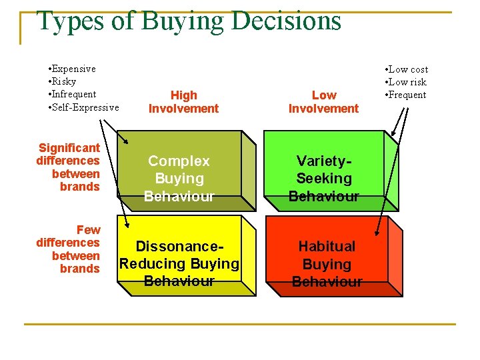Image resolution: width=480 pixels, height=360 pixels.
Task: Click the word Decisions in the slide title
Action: coord(287,20)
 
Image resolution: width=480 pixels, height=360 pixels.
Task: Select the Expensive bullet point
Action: coord(75,69)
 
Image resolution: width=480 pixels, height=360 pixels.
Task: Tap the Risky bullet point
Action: coord(65,81)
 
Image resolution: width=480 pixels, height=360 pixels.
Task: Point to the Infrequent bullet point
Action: coord(75,94)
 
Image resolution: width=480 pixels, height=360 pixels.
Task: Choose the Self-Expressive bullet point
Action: coord(86,107)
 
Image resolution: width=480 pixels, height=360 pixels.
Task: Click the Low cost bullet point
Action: coord(408,69)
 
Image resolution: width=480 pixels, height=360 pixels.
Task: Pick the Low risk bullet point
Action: coord(407,82)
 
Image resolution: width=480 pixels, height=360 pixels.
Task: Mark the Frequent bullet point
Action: coord(407,95)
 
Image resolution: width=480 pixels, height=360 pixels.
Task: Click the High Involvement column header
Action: coord(183,102)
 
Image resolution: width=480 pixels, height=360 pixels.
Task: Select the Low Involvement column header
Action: coord(323,102)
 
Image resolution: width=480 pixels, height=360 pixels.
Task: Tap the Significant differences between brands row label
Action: coord(68,167)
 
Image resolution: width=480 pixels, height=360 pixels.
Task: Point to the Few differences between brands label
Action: coord(68,249)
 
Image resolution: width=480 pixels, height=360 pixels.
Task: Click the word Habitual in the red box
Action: coord(327,246)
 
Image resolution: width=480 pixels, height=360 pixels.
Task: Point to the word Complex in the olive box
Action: coord(179,161)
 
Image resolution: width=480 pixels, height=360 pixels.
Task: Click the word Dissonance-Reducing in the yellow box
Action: coord(179,246)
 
